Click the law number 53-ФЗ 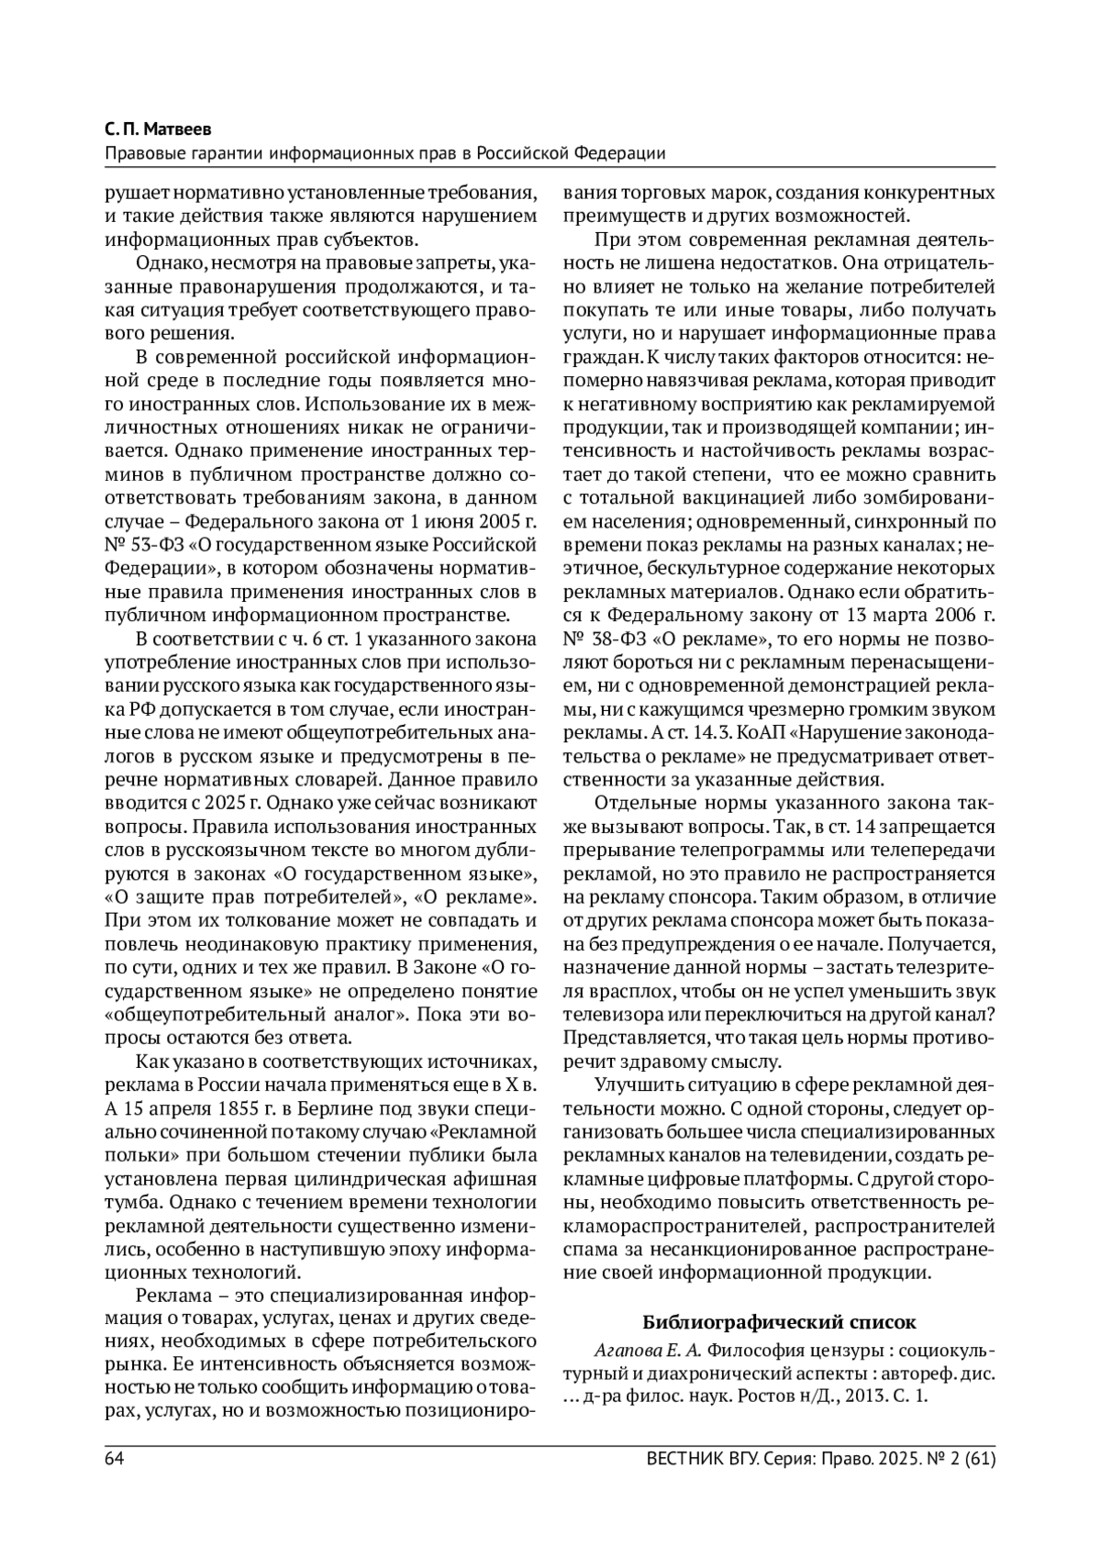point(151,547)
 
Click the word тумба point(134,1202)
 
